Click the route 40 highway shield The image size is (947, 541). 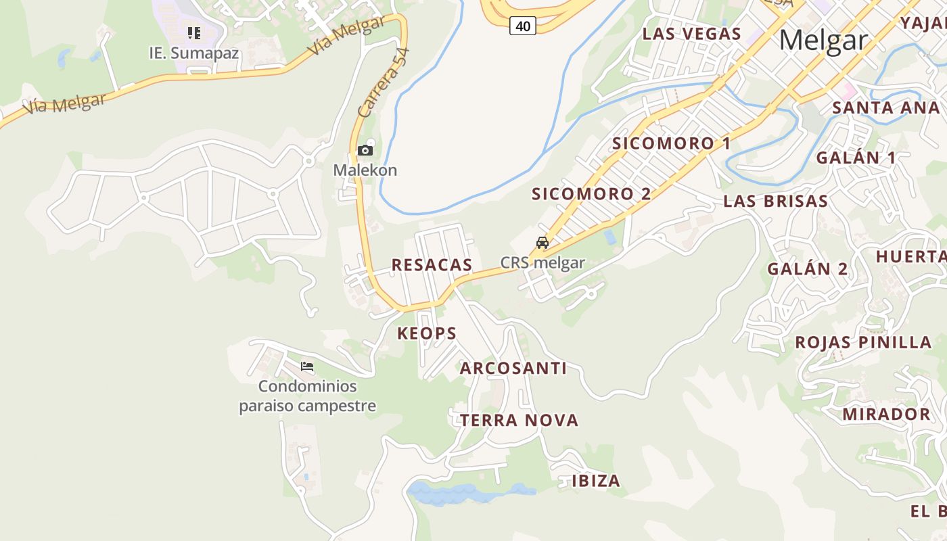(x=522, y=26)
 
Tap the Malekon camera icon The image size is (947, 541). (x=365, y=150)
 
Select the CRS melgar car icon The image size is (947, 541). (x=542, y=243)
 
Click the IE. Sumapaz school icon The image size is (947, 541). (x=194, y=32)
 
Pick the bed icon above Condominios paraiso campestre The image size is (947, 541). (x=307, y=367)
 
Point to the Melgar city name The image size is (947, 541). (x=823, y=41)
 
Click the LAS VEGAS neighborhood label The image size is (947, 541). (x=691, y=34)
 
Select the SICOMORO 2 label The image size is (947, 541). (x=591, y=194)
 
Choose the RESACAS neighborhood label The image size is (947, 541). (x=432, y=265)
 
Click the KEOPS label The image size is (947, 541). (x=427, y=333)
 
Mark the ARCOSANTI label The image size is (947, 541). (x=513, y=369)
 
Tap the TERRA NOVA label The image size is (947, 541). (x=519, y=421)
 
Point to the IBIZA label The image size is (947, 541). (x=596, y=481)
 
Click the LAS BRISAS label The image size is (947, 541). (x=775, y=201)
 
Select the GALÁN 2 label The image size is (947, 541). (x=807, y=268)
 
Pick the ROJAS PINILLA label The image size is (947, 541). (x=863, y=342)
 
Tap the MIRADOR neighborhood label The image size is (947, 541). (x=886, y=414)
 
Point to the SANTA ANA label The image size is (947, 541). (x=885, y=108)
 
